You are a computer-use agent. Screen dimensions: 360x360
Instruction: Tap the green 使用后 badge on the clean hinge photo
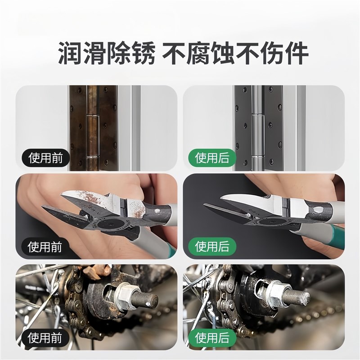[212, 158]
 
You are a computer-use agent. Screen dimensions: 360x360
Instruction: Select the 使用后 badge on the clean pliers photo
[212, 247]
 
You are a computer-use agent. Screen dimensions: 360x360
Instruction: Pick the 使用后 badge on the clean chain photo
[212, 336]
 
